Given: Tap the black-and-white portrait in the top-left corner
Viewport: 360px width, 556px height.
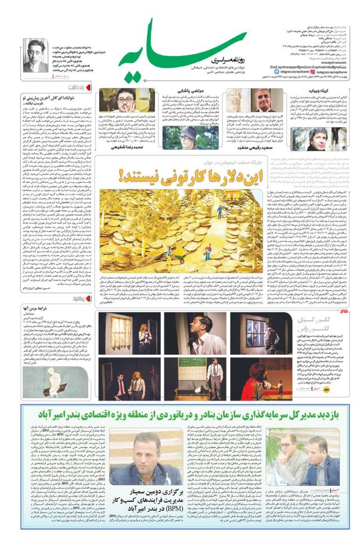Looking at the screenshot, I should [35, 55].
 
